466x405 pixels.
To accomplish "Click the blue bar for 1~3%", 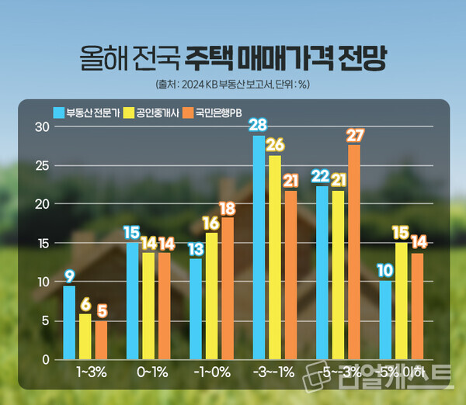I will pos(69,323).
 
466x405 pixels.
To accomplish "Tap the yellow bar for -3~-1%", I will pos(275,258).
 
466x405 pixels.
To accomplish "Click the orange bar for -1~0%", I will pos(227,289).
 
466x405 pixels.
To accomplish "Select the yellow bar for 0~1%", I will pos(148,306).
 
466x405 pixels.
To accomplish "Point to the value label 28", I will pos(259,125).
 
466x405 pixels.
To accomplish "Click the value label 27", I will pos(355,134).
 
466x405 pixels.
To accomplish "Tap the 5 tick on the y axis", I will pos(46,320).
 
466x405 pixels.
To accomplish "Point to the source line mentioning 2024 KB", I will pos(233,83).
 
